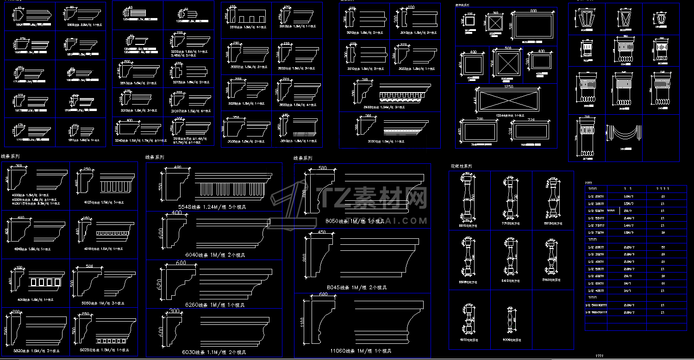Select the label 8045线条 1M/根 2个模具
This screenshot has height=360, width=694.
coord(363,287)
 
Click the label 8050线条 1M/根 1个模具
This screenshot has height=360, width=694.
coord(363,221)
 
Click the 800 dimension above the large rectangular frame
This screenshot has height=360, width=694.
coord(533,10)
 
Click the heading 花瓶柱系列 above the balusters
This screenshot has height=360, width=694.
coord(461,166)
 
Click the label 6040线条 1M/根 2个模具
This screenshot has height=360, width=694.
coord(215,255)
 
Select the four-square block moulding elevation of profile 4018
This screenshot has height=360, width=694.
coord(44,282)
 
